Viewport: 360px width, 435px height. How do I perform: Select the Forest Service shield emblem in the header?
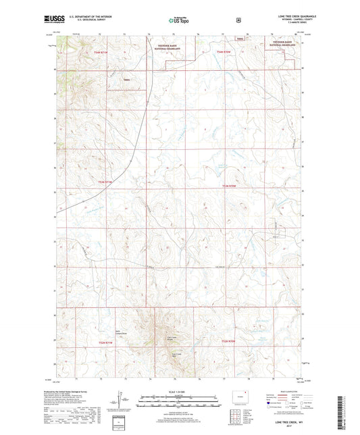click(x=237, y=20)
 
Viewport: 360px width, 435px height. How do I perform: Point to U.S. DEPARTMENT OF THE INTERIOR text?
click(x=94, y=18)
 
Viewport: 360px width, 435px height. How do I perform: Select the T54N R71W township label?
click(x=101, y=52)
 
